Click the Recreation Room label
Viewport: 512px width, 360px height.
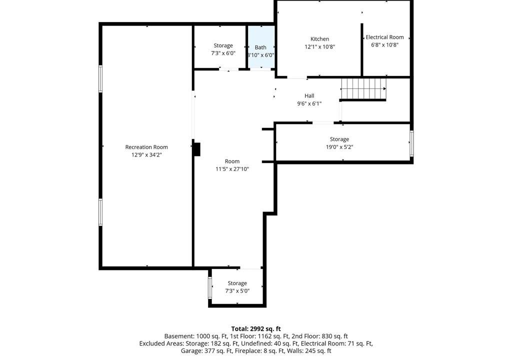coord(146,147)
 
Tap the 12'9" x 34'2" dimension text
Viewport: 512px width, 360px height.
coord(146,155)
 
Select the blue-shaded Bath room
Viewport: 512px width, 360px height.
coord(261,47)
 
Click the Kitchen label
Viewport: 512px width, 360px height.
coord(319,39)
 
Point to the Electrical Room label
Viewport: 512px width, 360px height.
coord(384,37)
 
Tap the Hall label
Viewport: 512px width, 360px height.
coord(309,95)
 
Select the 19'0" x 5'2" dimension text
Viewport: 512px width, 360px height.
coord(339,147)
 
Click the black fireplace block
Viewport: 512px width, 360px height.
coord(196,149)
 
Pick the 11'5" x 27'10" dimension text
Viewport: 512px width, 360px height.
coord(232,169)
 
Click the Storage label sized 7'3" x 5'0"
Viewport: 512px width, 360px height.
coord(237,283)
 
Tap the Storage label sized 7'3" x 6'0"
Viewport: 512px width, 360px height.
coord(223,45)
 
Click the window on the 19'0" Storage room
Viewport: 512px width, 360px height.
coord(412,143)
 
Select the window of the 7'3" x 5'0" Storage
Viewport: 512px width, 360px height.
coord(210,288)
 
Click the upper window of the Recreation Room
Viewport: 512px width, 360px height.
coord(100,78)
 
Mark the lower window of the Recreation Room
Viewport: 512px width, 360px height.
coord(100,212)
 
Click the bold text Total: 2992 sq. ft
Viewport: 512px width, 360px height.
coord(256,328)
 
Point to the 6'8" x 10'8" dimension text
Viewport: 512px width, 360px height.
coord(384,45)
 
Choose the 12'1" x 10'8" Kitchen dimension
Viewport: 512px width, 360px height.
coord(319,46)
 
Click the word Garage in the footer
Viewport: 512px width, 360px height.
coord(190,351)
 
